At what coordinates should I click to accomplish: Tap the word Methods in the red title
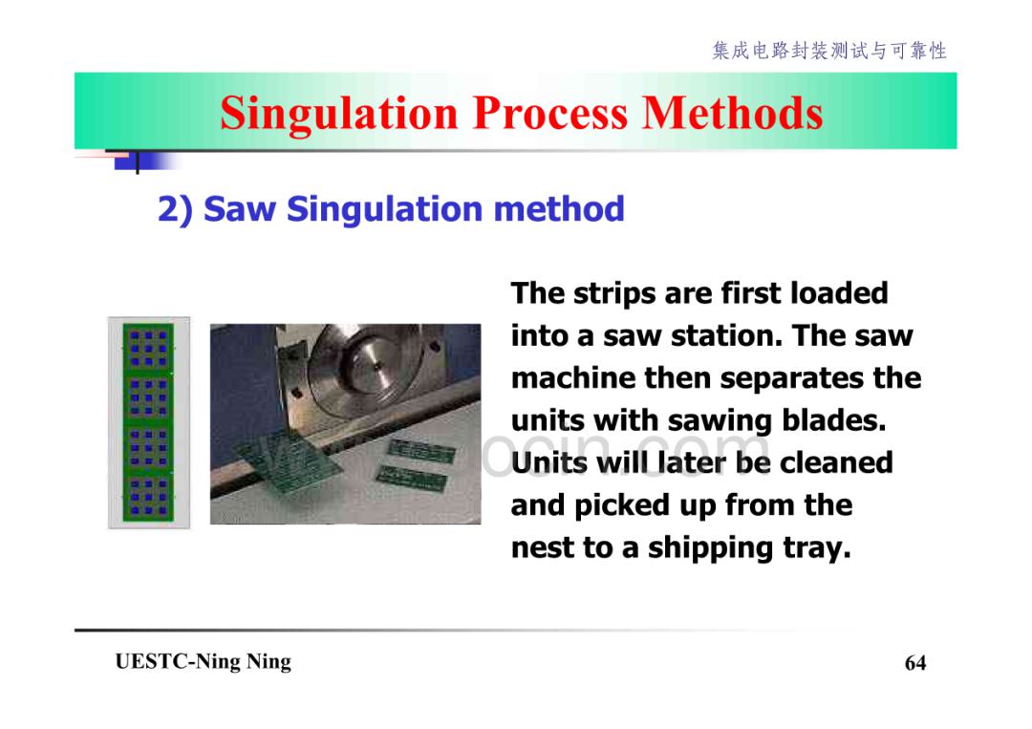click(x=732, y=113)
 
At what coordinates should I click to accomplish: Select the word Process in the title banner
click(x=550, y=113)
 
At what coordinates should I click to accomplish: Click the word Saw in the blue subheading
click(x=240, y=209)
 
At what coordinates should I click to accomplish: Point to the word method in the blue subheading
click(x=559, y=209)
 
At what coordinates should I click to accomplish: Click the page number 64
click(x=915, y=662)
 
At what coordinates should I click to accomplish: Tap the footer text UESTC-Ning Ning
click(x=203, y=661)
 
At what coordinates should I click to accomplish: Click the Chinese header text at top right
click(x=829, y=51)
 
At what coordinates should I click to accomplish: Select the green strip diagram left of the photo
click(x=149, y=422)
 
